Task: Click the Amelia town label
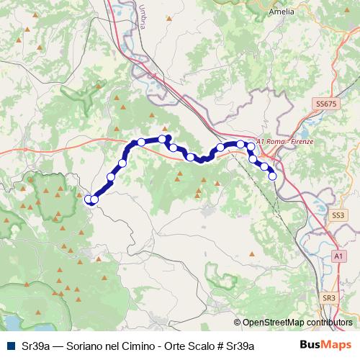280,12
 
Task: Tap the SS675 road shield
326,105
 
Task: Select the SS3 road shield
338,215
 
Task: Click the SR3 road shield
329,297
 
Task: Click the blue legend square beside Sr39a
11,346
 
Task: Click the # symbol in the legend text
221,346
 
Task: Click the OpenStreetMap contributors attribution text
298,323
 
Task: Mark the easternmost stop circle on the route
272,176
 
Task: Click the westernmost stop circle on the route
89,199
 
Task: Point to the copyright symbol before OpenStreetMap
238,323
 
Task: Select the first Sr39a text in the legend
36,346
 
